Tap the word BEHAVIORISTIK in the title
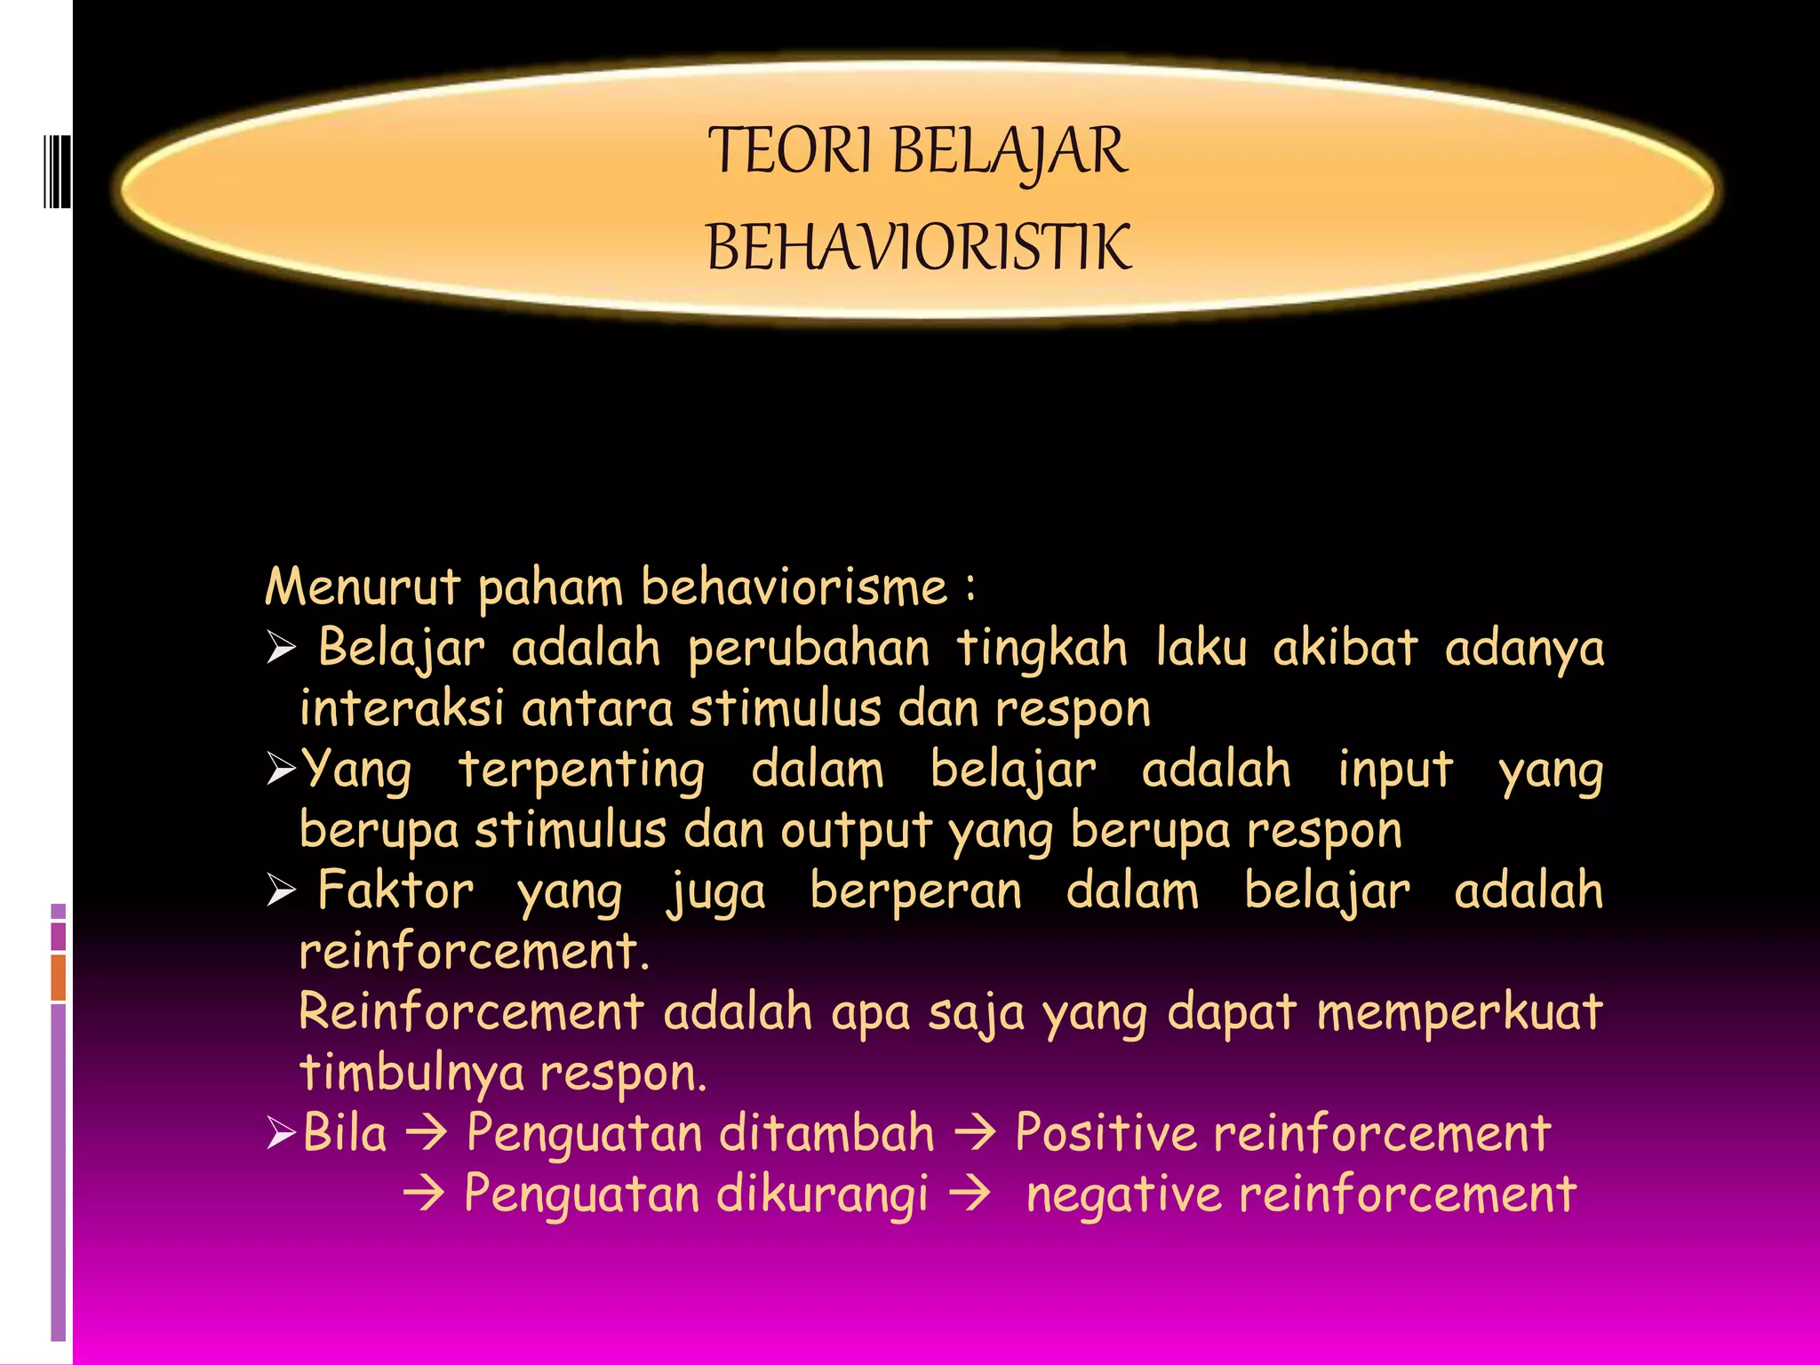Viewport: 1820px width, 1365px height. click(919, 248)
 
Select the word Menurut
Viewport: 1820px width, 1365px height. click(363, 587)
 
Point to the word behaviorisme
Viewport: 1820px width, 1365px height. click(794, 587)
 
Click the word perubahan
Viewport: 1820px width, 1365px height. click(809, 648)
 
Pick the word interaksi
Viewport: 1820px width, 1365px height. click(402, 708)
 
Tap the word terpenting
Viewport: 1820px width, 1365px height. click(581, 770)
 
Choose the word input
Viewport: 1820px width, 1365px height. click(1395, 770)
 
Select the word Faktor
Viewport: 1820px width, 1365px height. click(395, 890)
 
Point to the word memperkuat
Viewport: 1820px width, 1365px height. click(1459, 1012)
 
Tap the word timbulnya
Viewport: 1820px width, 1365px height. click(412, 1073)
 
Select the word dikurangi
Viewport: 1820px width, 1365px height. click(822, 1194)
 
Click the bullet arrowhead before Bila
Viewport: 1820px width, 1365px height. click(281, 1135)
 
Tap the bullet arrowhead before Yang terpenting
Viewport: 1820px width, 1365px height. click(281, 770)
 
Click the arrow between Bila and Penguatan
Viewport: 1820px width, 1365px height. click(427, 1135)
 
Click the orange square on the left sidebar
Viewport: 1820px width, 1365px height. click(59, 977)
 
